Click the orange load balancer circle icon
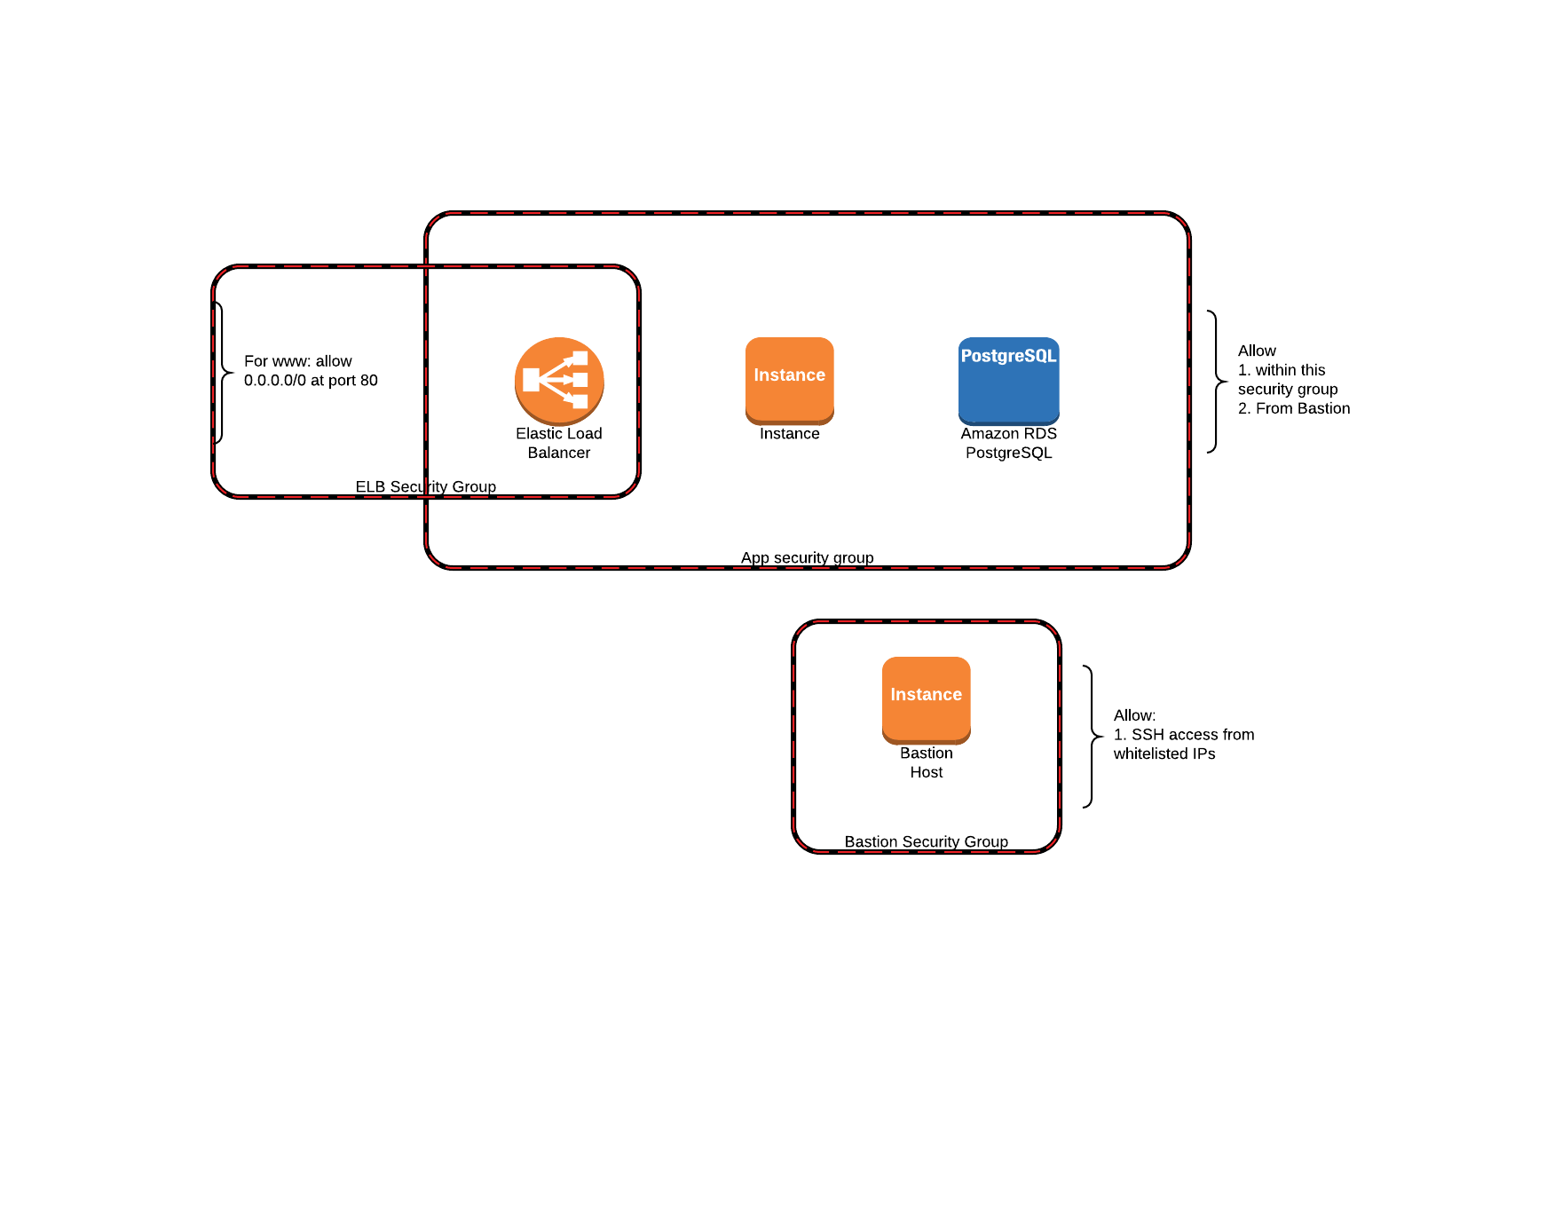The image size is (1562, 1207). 559,380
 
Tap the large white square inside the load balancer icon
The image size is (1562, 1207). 532,380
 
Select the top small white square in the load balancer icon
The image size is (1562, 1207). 580,358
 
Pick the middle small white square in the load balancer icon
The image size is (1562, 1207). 580,380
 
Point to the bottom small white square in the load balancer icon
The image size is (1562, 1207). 580,401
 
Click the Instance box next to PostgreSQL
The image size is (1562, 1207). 789,380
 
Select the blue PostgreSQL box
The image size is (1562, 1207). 1008,390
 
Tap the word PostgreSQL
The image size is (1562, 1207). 1008,356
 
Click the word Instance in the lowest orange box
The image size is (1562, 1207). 926,694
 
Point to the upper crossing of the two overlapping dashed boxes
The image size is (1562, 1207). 426,266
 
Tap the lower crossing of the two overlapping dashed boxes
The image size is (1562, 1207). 426,497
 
